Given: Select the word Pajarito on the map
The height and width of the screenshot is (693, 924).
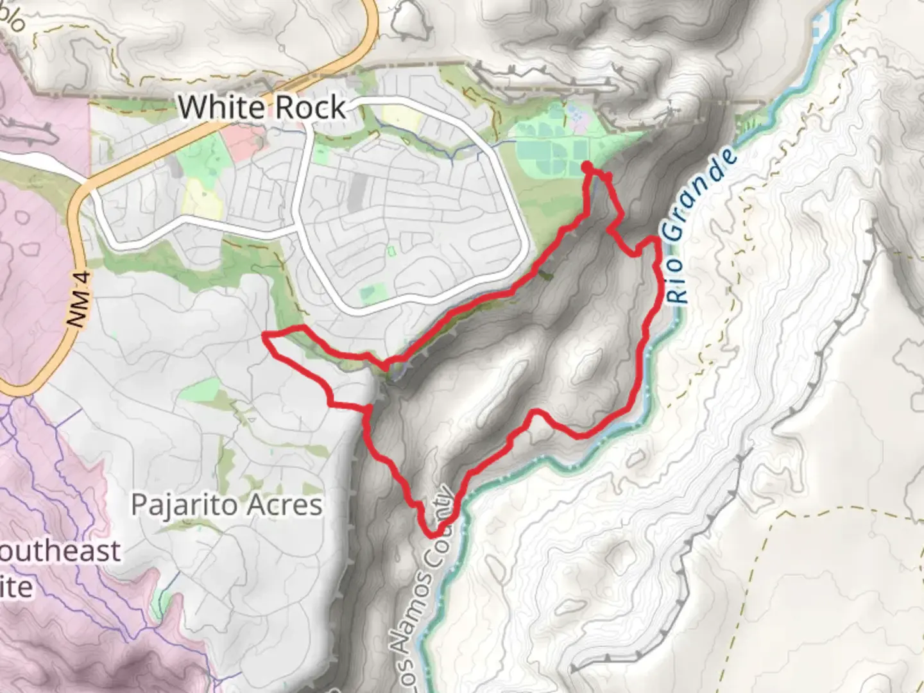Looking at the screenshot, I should click(x=183, y=505).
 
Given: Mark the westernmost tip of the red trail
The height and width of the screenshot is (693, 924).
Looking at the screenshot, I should click(x=265, y=335).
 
